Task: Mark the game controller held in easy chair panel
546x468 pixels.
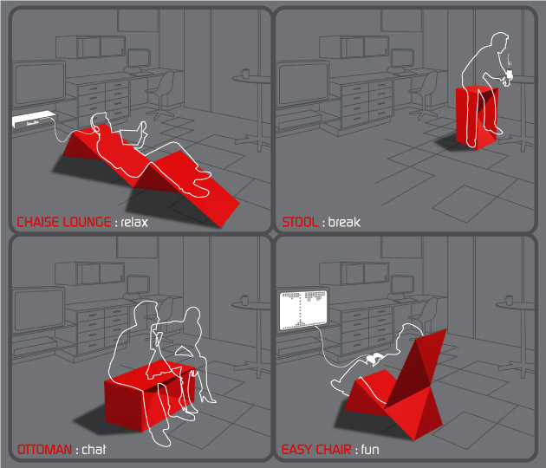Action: tap(374, 359)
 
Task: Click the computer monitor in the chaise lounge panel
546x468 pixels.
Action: tap(138, 59)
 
